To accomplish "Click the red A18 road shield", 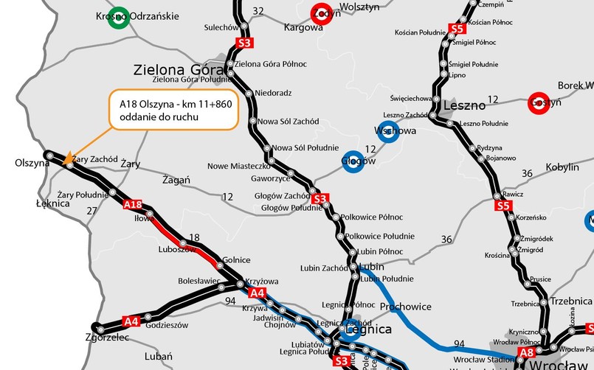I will pyautogui.click(x=133, y=204).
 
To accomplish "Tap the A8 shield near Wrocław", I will pyautogui.click(x=525, y=355).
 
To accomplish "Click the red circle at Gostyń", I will pyautogui.click(x=539, y=103).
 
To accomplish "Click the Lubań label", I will pyautogui.click(x=159, y=356).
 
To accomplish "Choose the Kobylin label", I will pyautogui.click(x=562, y=167).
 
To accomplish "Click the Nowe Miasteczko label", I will pyautogui.click(x=236, y=165).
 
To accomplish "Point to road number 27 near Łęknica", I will pyautogui.click(x=91, y=211).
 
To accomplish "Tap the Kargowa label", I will pyautogui.click(x=303, y=28).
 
